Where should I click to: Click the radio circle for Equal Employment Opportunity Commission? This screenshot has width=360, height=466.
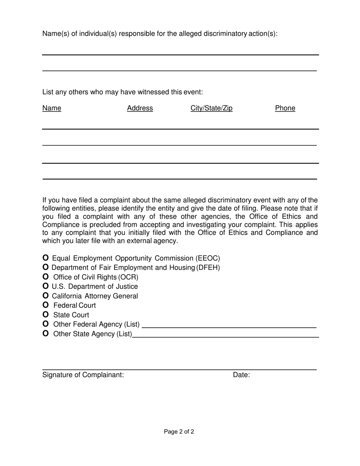[x=45, y=258]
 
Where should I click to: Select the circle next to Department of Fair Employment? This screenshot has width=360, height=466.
[x=45, y=267]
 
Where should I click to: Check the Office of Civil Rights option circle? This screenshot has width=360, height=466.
[x=45, y=277]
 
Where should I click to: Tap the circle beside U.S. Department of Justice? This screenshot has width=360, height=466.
[x=45, y=286]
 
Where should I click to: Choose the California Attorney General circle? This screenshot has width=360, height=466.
[x=45, y=296]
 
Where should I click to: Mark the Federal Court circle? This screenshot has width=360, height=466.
[x=45, y=305]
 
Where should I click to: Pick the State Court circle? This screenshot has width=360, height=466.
[x=45, y=315]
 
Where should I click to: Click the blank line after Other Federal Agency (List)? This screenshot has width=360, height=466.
[x=229, y=325]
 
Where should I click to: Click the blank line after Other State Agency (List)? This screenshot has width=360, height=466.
[x=225, y=334]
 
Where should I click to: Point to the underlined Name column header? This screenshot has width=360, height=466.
[x=52, y=108]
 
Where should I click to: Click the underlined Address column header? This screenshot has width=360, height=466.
[x=140, y=108]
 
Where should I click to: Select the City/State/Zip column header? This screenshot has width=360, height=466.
[x=211, y=108]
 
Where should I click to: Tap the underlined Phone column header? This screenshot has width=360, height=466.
[x=285, y=108]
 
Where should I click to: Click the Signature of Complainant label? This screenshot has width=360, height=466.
[x=83, y=375]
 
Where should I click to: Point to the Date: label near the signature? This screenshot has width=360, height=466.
[x=241, y=375]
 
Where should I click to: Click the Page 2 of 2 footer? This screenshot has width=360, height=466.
[x=179, y=432]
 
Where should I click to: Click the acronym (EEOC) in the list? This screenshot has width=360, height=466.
[x=208, y=258]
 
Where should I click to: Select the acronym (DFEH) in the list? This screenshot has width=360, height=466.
[x=208, y=268]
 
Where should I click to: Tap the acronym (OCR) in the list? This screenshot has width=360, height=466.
[x=128, y=277]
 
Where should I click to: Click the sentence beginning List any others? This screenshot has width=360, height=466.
[x=122, y=92]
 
